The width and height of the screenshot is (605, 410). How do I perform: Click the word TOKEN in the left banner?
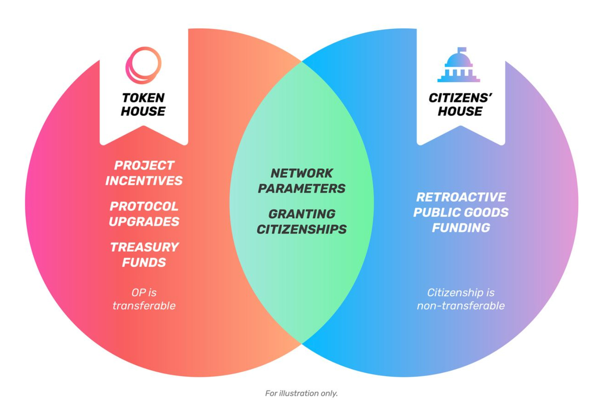coord(143,98)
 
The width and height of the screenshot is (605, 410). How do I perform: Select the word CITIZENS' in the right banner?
coord(460,98)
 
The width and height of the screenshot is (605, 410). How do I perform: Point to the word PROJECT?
coord(144,166)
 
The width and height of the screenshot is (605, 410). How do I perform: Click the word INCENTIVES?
coord(144,181)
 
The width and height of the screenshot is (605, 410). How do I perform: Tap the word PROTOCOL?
coord(144,207)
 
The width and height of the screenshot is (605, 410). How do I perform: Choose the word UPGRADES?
coord(144,221)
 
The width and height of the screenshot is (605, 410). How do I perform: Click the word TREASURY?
coord(145,247)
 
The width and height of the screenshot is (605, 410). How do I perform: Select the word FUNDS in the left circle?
coord(144,263)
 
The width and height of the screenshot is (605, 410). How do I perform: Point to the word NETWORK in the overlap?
coord(302,173)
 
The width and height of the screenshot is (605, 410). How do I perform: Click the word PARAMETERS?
coord(302,189)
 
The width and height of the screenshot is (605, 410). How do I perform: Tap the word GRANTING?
coord(302,214)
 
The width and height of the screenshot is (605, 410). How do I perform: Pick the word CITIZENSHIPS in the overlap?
coord(302,229)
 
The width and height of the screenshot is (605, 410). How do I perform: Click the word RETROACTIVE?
coord(461,197)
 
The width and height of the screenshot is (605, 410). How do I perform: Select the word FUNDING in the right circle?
coord(461,228)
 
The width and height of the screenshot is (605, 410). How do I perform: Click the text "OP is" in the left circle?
coord(144,293)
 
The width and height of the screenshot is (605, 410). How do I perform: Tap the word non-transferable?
coord(461,306)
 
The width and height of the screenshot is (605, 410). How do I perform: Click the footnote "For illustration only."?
coord(301,393)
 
